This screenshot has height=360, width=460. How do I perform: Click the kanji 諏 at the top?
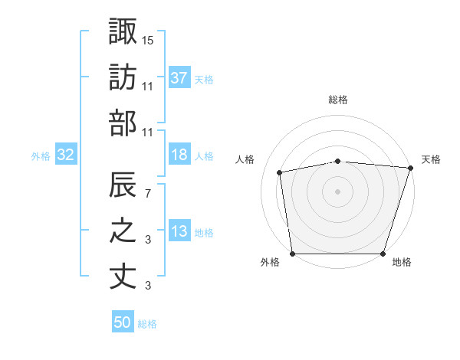(x=123, y=31)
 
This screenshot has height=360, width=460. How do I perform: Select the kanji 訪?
(x=123, y=78)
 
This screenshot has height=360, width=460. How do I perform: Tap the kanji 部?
(x=123, y=123)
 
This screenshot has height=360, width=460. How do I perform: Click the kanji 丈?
(x=123, y=277)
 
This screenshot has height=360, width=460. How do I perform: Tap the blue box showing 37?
(x=179, y=77)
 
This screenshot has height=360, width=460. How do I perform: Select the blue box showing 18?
(x=179, y=155)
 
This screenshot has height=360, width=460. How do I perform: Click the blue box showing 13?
(x=179, y=232)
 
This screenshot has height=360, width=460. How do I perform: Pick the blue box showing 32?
(x=65, y=155)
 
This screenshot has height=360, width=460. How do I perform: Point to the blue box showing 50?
(x=123, y=322)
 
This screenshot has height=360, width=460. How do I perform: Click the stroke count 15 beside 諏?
(x=148, y=39)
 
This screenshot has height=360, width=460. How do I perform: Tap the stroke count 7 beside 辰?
(x=148, y=192)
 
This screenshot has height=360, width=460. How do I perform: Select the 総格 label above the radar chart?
(x=338, y=100)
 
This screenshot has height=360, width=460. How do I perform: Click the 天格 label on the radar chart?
(x=431, y=159)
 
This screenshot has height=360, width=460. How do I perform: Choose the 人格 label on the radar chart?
(x=245, y=159)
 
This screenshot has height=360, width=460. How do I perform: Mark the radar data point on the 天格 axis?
(x=410, y=167)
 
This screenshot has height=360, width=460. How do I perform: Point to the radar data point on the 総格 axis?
(x=338, y=161)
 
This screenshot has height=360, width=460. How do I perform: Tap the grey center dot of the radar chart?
(x=338, y=191)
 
